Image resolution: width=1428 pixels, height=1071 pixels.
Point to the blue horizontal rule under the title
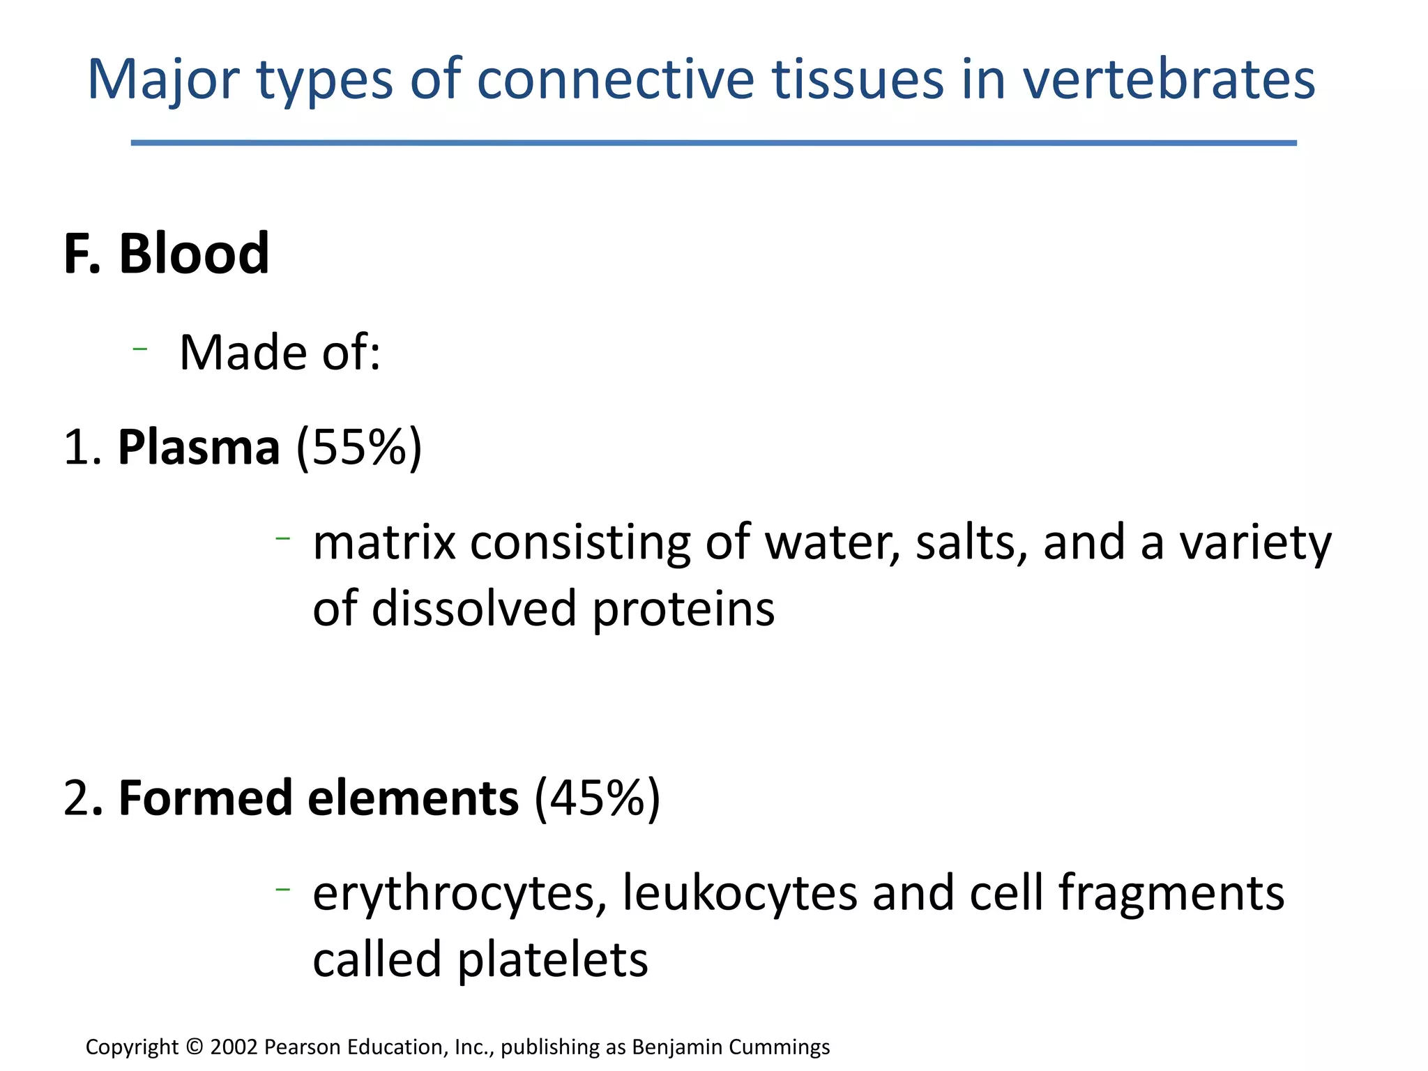pos(713,143)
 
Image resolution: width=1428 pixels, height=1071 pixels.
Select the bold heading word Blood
pos(193,254)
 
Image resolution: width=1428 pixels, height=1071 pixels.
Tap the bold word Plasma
pos(199,447)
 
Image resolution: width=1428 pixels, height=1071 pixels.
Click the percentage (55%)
pos(359,447)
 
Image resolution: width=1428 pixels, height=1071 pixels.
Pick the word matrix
pos(384,542)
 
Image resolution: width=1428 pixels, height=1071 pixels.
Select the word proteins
pos(683,609)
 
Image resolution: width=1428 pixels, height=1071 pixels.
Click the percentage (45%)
pos(597,798)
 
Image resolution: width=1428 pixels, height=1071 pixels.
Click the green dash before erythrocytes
pos(282,888)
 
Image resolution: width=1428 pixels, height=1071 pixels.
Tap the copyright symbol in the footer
pos(195,1047)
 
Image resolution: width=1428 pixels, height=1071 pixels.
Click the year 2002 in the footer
pos(234,1047)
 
